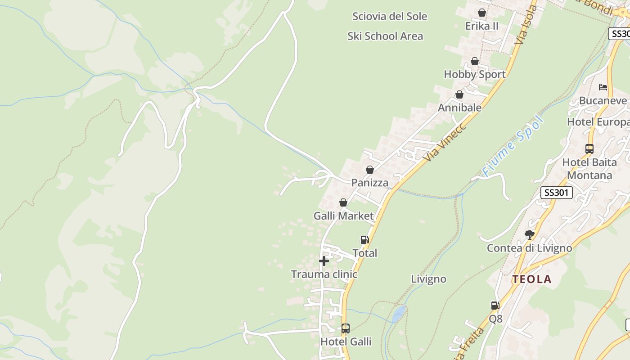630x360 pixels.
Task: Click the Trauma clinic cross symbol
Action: coord(324,261)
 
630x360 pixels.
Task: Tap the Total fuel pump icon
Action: coord(364,240)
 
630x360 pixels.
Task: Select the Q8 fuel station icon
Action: coord(495,306)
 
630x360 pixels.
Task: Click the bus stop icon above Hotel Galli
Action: coord(345,328)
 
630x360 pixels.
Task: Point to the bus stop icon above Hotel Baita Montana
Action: coord(589,148)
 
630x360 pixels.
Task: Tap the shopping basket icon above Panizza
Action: coord(369,170)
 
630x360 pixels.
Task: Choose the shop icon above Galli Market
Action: coord(343,202)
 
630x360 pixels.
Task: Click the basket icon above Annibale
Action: coord(459,94)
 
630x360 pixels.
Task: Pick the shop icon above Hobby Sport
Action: coord(474,61)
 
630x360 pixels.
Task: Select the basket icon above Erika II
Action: coord(481,13)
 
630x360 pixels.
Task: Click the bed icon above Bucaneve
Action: coord(603,87)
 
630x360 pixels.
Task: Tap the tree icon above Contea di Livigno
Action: coord(529,234)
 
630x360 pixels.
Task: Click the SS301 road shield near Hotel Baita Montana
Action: coord(556,193)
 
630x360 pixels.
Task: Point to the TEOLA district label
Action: coord(531,279)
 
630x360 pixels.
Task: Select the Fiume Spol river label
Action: coord(513,146)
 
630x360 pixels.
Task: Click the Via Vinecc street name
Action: coord(445,141)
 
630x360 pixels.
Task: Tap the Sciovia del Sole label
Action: coord(390,17)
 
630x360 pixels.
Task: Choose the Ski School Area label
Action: coord(385,36)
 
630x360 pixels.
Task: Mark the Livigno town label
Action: coord(428,279)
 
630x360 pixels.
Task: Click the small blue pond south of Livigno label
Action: coord(398,314)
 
